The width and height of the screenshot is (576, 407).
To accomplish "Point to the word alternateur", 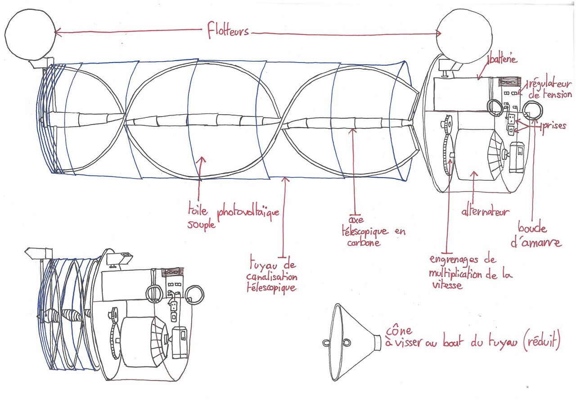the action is pyautogui.click(x=485, y=211).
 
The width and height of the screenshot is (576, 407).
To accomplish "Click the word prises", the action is pyautogui.click(x=554, y=126).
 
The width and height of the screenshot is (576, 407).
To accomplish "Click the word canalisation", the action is pyautogui.click(x=272, y=277).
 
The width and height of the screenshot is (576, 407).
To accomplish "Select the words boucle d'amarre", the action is pyautogui.click(x=536, y=235).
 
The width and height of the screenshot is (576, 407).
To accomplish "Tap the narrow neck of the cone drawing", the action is pyautogui.click(x=377, y=343).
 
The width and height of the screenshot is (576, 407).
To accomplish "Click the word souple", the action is pyautogui.click(x=201, y=225).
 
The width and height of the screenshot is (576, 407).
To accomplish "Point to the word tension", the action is pyautogui.click(x=557, y=94).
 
